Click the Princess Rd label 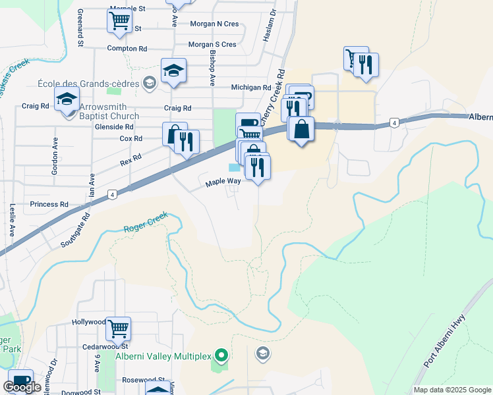(49, 205)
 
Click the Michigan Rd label (251, 88)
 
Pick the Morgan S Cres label (212, 45)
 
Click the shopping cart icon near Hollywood (118, 328)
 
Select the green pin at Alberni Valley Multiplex (221, 356)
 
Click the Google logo (22, 387)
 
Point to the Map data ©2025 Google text (451, 390)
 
